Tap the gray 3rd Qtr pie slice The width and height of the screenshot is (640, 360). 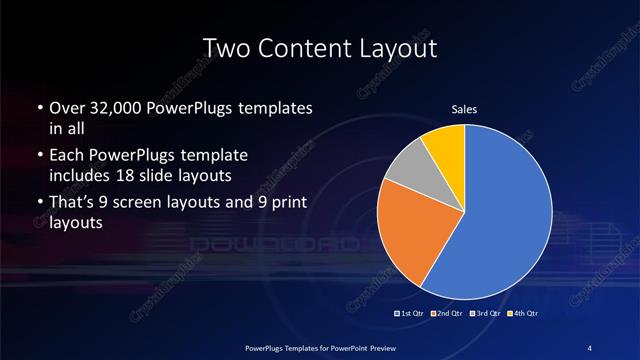(406, 173)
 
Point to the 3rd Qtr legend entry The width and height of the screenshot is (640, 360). (485, 314)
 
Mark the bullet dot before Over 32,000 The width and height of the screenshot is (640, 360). (38, 108)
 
